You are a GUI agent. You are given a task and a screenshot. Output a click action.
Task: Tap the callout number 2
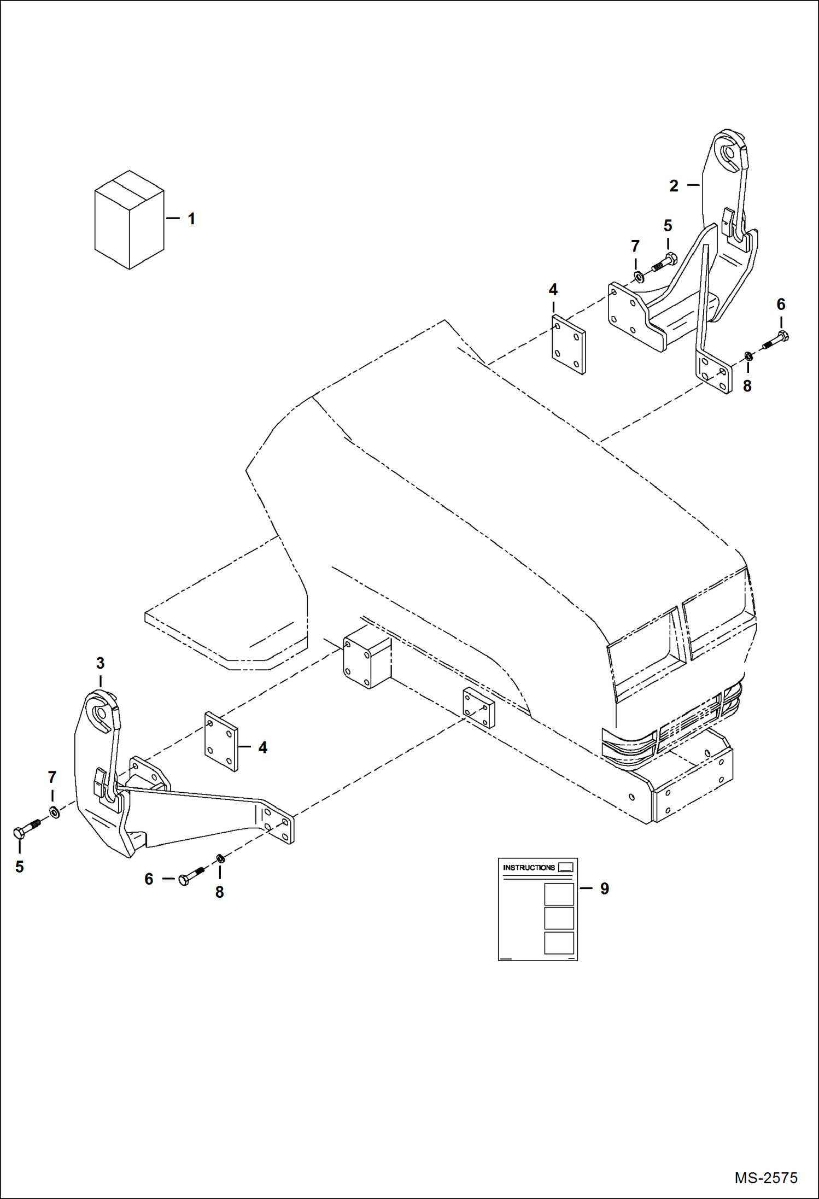pos(674,186)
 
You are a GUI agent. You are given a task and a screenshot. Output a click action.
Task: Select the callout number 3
pos(100,663)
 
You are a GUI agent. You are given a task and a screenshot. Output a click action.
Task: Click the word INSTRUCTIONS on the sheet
pos(529,867)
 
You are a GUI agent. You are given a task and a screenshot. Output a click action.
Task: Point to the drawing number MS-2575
pos(765,1178)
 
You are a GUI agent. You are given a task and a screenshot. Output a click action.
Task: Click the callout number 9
pos(604,888)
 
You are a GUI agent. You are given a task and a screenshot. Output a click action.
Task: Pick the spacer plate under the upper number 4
pos(569,344)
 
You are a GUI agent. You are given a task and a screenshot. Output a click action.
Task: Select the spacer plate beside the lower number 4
pos(221,741)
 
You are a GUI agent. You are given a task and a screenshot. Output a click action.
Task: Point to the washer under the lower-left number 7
pos(55,812)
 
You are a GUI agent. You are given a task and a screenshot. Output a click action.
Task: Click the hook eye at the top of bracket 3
pos(101,712)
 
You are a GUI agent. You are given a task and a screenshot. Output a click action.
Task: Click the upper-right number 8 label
pos(747,386)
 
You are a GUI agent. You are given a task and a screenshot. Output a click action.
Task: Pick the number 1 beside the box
pos(191,219)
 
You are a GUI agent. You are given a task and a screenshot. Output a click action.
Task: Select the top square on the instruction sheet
pos(559,894)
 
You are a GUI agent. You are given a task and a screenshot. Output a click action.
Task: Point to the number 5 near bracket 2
pos(668,225)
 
